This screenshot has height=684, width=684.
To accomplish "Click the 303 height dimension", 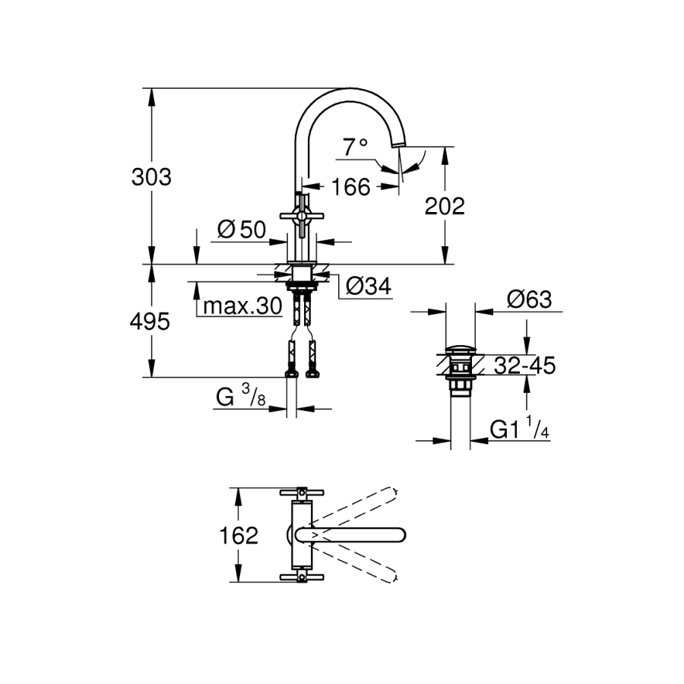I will pos(152,177).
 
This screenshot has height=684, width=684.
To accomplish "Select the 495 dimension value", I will pos(150,321).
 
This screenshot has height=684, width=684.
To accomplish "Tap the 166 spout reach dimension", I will pos(351,186).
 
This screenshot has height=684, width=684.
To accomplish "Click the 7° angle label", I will pos(354,147).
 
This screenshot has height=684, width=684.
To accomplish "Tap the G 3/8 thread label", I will pos(241,397).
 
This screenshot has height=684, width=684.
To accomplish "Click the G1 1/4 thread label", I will pos(520,430).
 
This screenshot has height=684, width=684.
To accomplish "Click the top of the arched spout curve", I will pos(350,90).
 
